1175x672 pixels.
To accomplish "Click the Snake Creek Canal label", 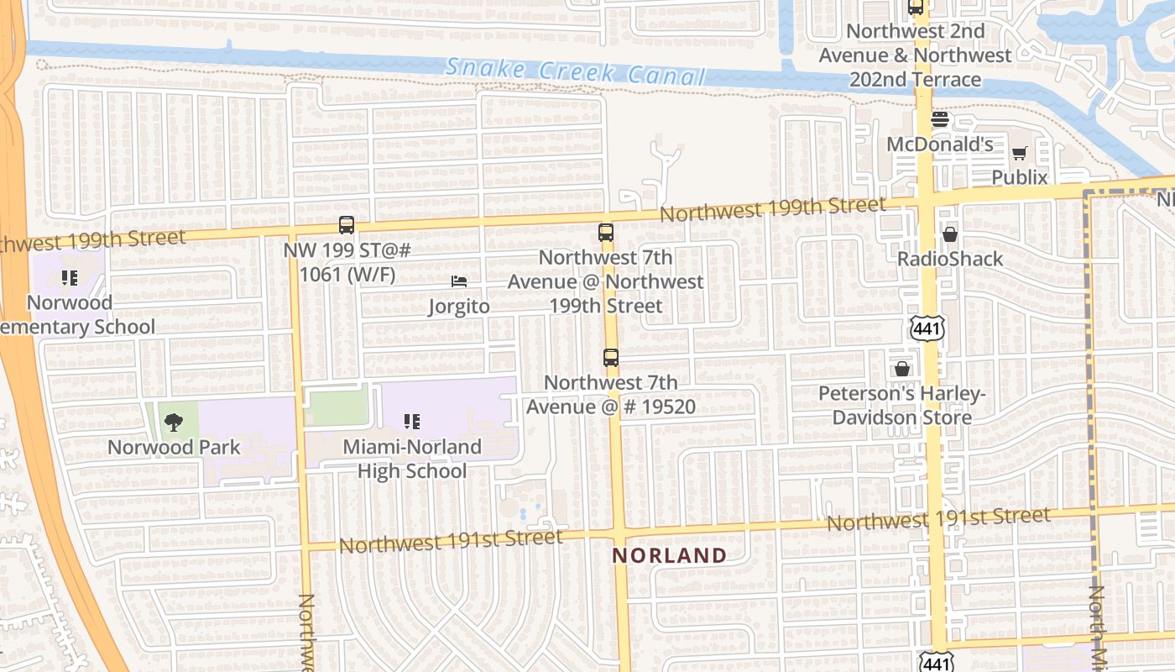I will (x=576, y=72).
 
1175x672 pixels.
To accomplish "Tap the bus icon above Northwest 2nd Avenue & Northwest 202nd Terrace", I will (x=916, y=8).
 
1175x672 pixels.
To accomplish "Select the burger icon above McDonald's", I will (x=940, y=119).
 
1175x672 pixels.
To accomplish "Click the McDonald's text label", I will (x=940, y=144).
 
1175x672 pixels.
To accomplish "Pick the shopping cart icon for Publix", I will (x=1020, y=153).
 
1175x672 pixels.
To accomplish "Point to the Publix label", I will (x=1020, y=177).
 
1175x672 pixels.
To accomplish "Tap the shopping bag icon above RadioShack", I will (x=950, y=234).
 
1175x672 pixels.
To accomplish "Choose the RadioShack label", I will (x=950, y=259).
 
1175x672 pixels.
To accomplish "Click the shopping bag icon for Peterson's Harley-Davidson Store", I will (x=901, y=368).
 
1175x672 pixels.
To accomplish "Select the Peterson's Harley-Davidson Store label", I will (x=901, y=405).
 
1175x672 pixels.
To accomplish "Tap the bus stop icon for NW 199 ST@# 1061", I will (x=347, y=225).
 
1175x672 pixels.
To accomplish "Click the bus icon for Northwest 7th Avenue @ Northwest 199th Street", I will (x=606, y=233).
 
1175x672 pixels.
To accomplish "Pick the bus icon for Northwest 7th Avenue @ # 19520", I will (x=611, y=358).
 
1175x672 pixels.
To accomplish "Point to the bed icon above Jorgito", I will (x=458, y=281).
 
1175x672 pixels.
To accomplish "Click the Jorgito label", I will (x=458, y=307).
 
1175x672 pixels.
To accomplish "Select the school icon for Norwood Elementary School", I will (x=70, y=277).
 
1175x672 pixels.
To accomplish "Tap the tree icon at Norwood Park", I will (x=174, y=423).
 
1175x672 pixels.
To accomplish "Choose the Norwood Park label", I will (x=174, y=447).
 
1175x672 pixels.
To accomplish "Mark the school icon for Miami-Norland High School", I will (x=411, y=422).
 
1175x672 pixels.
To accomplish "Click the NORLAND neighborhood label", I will (x=669, y=555).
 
